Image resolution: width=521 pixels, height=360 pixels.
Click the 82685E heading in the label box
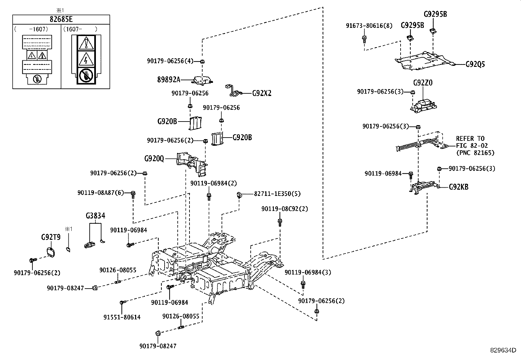tap(61, 19)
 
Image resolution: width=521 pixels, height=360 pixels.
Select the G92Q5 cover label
tap(475, 64)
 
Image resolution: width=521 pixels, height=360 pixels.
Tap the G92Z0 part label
tap(423, 83)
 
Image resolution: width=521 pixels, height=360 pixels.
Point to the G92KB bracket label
tap(458, 187)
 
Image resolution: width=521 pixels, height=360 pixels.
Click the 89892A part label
tap(169, 80)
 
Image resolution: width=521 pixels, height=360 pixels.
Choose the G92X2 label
tap(262, 93)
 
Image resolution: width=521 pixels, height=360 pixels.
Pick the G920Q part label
tap(154, 159)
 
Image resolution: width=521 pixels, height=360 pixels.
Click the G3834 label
tap(95, 216)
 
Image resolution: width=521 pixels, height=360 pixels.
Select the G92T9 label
tap(51, 237)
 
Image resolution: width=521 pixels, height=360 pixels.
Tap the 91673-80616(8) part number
tap(369, 26)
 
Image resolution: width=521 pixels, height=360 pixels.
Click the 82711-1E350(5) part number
tap(277, 194)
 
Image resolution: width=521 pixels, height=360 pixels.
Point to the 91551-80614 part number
tap(122, 317)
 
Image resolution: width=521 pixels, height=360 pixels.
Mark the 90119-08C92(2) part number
tap(285, 209)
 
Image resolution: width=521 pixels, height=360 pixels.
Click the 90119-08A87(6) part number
tap(101, 193)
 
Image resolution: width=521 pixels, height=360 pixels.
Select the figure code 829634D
tap(503, 350)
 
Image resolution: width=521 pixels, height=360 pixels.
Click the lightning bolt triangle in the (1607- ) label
tap(86, 59)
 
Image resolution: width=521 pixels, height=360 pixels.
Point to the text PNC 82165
tap(475, 153)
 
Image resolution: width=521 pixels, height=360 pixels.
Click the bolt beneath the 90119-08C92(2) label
tap(280, 222)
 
